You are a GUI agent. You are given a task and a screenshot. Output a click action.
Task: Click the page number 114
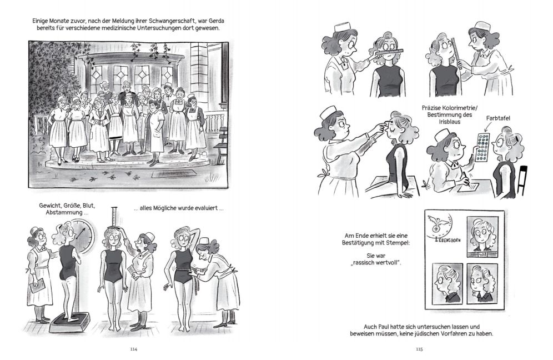(133, 349)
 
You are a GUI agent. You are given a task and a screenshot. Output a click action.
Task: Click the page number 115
(419, 349)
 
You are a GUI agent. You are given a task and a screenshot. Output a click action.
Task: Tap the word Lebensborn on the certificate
(448, 240)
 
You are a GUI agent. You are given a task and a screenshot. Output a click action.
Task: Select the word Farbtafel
(498, 118)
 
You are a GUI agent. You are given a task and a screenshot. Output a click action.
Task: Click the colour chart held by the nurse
(482, 147)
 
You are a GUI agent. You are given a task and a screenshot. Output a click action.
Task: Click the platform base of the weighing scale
(68, 323)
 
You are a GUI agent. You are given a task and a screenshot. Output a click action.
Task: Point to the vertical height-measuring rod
(114, 218)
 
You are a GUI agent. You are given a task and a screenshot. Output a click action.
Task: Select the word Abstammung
(59, 212)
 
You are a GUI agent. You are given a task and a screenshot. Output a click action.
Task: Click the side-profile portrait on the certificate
(447, 283)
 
